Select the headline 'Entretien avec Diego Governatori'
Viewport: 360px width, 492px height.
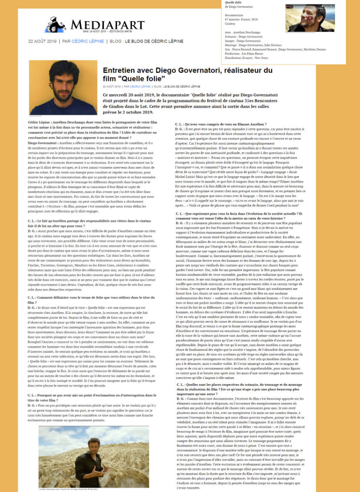[x=187, y=74]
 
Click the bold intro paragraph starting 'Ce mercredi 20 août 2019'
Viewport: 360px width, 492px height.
[x=185, y=103]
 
